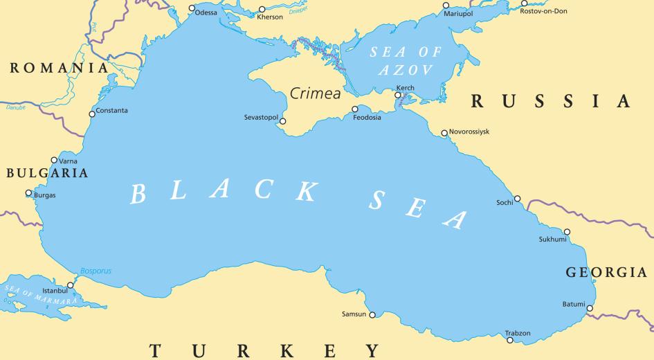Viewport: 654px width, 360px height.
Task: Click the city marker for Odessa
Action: (192, 8)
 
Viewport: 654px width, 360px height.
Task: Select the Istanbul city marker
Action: (70, 285)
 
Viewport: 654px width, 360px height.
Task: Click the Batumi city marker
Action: (590, 308)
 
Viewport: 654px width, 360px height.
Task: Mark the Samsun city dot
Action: (372, 315)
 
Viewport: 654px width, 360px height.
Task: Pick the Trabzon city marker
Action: (510, 340)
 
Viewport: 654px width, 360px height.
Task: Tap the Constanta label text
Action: (112, 111)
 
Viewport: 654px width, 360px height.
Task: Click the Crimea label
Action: (315, 93)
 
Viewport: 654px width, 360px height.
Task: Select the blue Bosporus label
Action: (96, 271)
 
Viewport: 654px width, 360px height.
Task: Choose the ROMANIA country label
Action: (59, 68)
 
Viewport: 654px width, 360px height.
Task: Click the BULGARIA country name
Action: (47, 173)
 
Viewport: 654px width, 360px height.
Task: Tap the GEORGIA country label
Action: (606, 272)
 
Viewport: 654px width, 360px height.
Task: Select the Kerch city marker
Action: (398, 96)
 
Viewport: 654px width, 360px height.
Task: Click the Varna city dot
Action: (54, 160)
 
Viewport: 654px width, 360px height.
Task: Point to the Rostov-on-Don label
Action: (543, 11)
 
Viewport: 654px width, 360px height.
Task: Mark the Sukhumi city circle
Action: (567, 232)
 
